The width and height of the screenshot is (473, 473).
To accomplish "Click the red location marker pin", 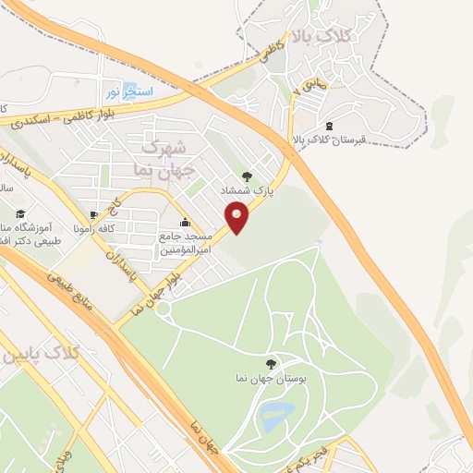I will tap(237, 218).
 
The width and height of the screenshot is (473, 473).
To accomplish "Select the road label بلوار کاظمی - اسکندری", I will tap(51, 115).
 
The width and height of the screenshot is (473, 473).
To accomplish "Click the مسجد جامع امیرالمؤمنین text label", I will tap(188, 243).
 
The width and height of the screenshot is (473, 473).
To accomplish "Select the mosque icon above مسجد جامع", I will tap(186, 222).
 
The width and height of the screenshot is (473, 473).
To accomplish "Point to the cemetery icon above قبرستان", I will tap(331, 125).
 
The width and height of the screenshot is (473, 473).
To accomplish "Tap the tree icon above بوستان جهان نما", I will tap(270, 363).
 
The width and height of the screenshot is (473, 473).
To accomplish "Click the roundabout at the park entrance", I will tap(163, 309).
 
